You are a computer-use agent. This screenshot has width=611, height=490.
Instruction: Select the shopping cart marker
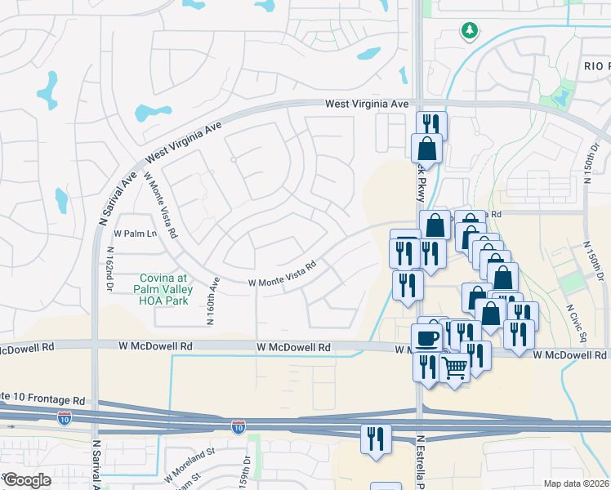click(455, 367)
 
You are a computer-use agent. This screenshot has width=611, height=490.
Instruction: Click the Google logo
click(28, 480)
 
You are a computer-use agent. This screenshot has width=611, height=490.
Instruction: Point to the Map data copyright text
click(576, 483)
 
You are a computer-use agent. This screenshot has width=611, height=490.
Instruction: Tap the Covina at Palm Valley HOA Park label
click(166, 289)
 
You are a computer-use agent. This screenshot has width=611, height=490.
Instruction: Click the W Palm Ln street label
click(135, 234)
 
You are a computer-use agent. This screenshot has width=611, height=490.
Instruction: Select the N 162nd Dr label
click(109, 269)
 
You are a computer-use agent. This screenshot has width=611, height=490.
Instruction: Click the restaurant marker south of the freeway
click(377, 438)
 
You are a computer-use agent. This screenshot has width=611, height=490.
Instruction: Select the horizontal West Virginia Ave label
click(366, 105)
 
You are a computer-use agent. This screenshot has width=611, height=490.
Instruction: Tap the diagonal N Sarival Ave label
click(118, 198)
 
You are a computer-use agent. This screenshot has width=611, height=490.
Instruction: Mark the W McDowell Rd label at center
click(293, 347)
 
